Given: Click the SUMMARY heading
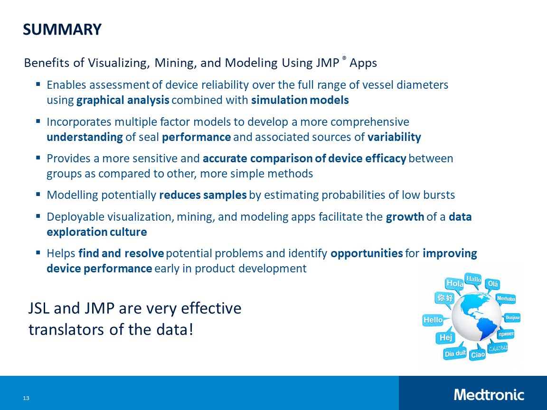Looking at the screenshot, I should click(62, 29).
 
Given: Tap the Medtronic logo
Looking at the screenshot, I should click(489, 394).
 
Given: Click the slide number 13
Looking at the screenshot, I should click(26, 398).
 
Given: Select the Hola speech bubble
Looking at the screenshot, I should click(455, 283).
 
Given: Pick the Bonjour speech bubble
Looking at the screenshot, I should click(513, 317).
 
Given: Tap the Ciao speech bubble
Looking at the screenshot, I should click(478, 354).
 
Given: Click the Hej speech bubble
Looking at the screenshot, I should click(445, 337).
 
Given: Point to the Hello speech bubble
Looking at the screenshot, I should click(433, 320).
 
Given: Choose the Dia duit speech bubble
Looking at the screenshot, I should click(454, 354).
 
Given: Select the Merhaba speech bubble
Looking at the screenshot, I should click(506, 299).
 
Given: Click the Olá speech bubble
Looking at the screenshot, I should click(493, 284).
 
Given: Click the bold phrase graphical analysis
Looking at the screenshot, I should click(123, 100).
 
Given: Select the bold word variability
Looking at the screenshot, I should click(394, 137).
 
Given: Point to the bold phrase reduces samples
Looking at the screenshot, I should click(203, 195).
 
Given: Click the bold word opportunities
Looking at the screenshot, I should click(367, 253).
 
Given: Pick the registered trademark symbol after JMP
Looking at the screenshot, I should click(344, 59).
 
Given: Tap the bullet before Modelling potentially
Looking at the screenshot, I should click(38, 195).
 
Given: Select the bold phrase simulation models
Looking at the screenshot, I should click(300, 100).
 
